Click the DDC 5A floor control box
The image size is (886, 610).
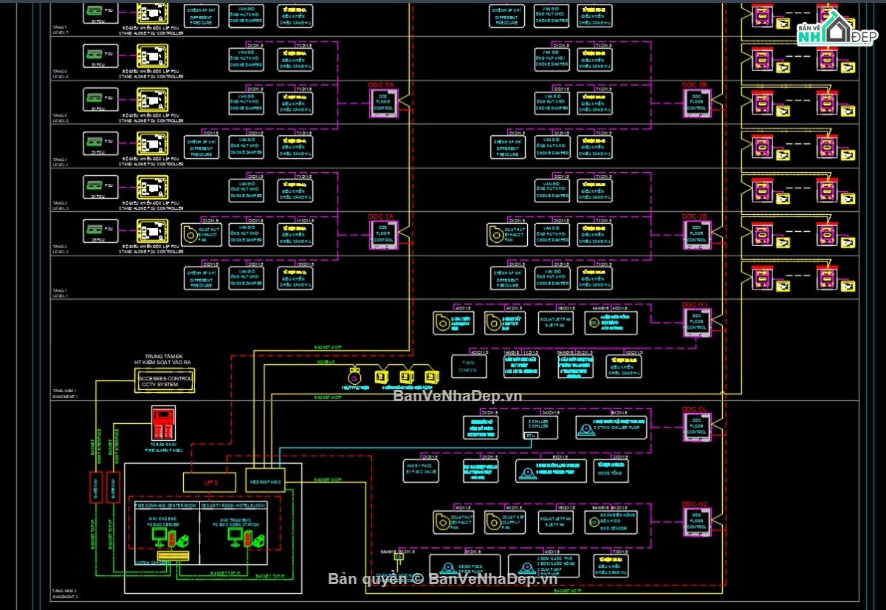[384, 103]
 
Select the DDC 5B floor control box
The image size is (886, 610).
[696, 103]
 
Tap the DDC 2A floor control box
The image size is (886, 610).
[384, 234]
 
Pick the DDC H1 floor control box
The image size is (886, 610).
[696, 322]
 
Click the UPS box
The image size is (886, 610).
[209, 482]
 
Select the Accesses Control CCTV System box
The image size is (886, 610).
[165, 381]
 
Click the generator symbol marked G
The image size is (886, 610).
[354, 378]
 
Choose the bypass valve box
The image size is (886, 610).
[421, 471]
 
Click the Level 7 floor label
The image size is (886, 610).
[61, 30]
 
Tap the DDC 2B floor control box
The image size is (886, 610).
[696, 234]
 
